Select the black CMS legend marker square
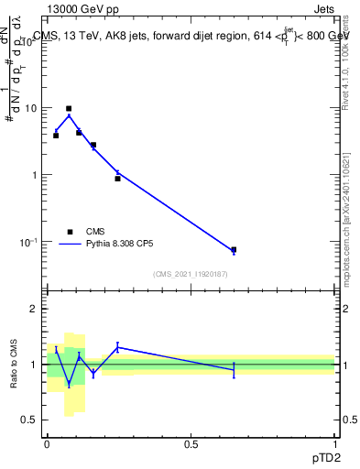[70, 232]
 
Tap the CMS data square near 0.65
[234, 249]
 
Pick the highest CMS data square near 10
[69, 108]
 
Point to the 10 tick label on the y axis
[30, 108]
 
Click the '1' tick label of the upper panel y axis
[35, 175]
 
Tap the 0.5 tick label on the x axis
[191, 443]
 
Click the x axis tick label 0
[47, 443]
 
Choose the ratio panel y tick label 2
[35, 309]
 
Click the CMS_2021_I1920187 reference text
[191, 274]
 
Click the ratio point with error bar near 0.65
[234, 369]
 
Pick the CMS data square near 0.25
[117, 178]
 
